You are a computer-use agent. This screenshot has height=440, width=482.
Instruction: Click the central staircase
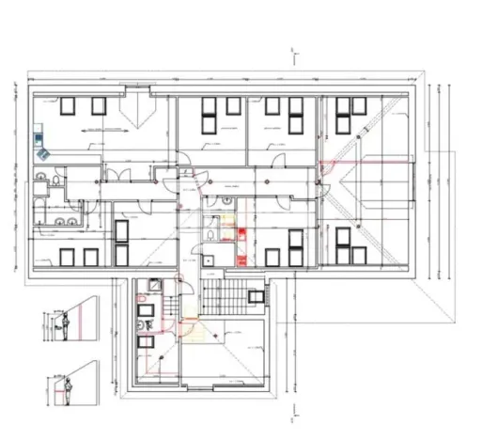221,298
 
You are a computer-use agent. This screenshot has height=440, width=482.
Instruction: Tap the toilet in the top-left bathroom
58,180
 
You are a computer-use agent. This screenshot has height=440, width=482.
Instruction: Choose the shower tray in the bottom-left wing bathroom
147,306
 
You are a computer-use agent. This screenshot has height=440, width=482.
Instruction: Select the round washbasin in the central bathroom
228,199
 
